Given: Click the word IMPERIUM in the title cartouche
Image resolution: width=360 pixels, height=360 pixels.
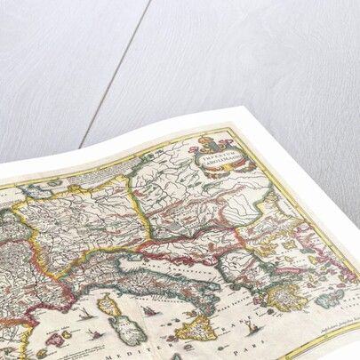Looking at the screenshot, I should pos(219,152).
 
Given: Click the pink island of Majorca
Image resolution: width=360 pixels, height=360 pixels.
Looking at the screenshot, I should pos(55,339).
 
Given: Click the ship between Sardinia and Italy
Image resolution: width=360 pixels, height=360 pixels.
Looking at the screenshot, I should pos(151,310).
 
